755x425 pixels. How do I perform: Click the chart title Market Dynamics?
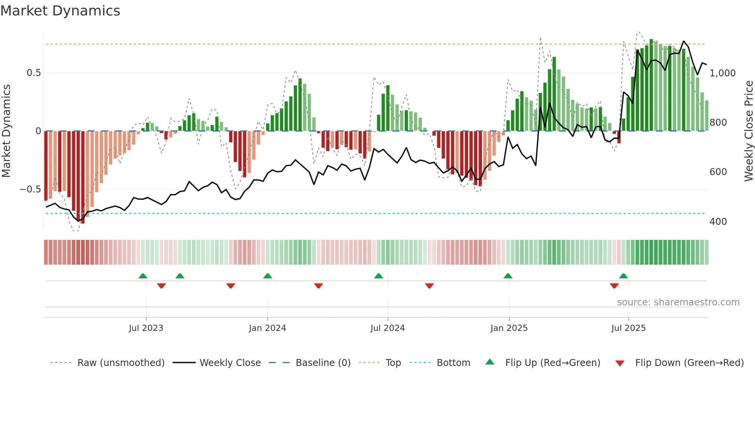click(60, 11)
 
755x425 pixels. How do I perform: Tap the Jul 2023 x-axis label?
click(146, 328)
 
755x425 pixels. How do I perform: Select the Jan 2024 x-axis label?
click(267, 328)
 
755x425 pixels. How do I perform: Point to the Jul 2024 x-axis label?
click(388, 328)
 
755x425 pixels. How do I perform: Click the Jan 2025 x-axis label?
click(509, 328)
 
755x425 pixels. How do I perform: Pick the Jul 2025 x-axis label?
click(628, 328)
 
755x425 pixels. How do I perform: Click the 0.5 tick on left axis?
click(34, 73)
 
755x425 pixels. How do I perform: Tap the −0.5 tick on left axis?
click(30, 189)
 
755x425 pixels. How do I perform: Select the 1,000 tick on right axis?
click(722, 73)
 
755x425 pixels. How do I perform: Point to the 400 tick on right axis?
click(718, 222)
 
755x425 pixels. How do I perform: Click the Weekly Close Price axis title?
click(748, 131)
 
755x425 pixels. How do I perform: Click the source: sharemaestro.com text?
click(678, 302)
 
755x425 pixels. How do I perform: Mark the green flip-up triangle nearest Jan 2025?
click(508, 276)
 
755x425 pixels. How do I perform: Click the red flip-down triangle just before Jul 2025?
click(614, 286)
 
